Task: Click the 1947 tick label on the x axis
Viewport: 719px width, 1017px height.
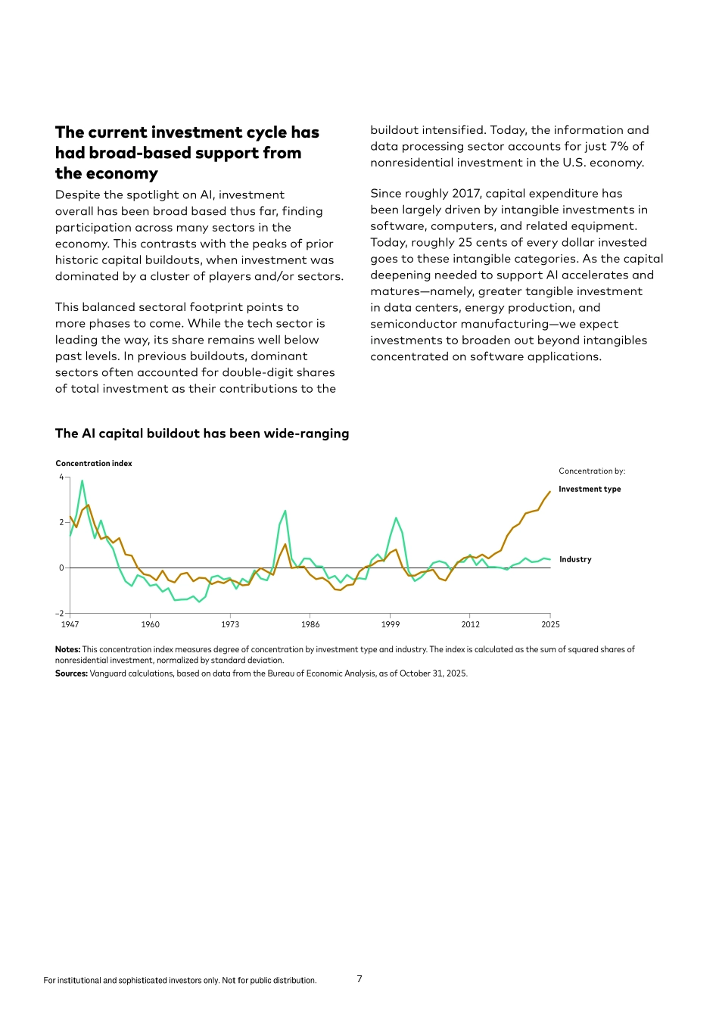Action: (x=70, y=624)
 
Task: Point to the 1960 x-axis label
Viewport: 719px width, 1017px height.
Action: (x=150, y=624)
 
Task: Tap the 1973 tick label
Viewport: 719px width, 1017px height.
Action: (x=230, y=624)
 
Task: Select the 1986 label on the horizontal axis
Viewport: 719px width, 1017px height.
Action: (x=310, y=624)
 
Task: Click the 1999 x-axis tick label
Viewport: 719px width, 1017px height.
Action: (x=391, y=624)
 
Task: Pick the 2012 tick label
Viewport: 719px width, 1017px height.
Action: (x=470, y=624)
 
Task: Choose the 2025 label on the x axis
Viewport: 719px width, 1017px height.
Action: (x=550, y=624)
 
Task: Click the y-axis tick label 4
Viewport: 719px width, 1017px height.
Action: (x=61, y=477)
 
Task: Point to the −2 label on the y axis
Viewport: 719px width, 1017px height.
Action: (x=60, y=614)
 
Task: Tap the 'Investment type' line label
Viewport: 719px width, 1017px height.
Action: (x=590, y=489)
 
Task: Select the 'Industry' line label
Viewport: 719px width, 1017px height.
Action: (x=575, y=559)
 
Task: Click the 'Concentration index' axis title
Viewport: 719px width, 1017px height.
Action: (x=94, y=463)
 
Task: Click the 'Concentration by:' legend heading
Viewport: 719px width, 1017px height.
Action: (x=592, y=471)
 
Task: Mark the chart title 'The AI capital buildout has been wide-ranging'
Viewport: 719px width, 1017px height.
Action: (x=202, y=434)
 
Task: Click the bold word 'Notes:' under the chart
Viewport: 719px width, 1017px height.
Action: (x=67, y=649)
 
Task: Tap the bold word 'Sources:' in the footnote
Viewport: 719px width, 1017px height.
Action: (x=71, y=673)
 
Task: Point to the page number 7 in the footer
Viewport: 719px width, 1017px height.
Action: (x=359, y=979)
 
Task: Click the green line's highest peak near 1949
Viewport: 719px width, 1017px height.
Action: (x=82, y=481)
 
